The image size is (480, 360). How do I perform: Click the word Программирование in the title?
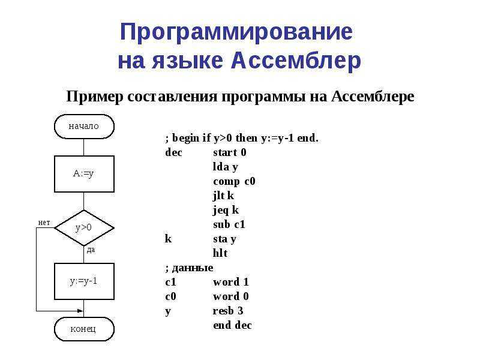coord(236,32)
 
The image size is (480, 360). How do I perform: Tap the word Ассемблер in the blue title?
coord(296,61)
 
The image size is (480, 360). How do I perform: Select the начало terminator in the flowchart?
coord(84,127)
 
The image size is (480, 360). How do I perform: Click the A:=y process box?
coord(84,174)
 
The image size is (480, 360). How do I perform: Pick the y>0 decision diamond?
coord(84,228)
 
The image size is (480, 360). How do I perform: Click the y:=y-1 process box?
coord(84,281)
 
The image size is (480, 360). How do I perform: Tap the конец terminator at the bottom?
coord(84,329)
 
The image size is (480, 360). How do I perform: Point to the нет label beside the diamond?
coord(44,223)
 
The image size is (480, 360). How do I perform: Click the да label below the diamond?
coord(91,250)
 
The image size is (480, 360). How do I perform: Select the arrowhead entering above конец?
coord(80,311)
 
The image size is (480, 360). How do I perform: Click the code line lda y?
coord(226,167)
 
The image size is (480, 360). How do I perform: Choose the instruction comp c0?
coord(234,182)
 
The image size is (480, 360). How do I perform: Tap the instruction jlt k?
coord(223,196)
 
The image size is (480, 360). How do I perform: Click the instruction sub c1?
coord(229,224)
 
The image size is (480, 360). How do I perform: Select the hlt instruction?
coord(220,253)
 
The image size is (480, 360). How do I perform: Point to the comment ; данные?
coord(189,268)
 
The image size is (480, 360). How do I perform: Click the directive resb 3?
coord(228,311)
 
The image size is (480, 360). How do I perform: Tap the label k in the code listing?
coord(168,238)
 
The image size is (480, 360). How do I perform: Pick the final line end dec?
coord(232,325)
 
